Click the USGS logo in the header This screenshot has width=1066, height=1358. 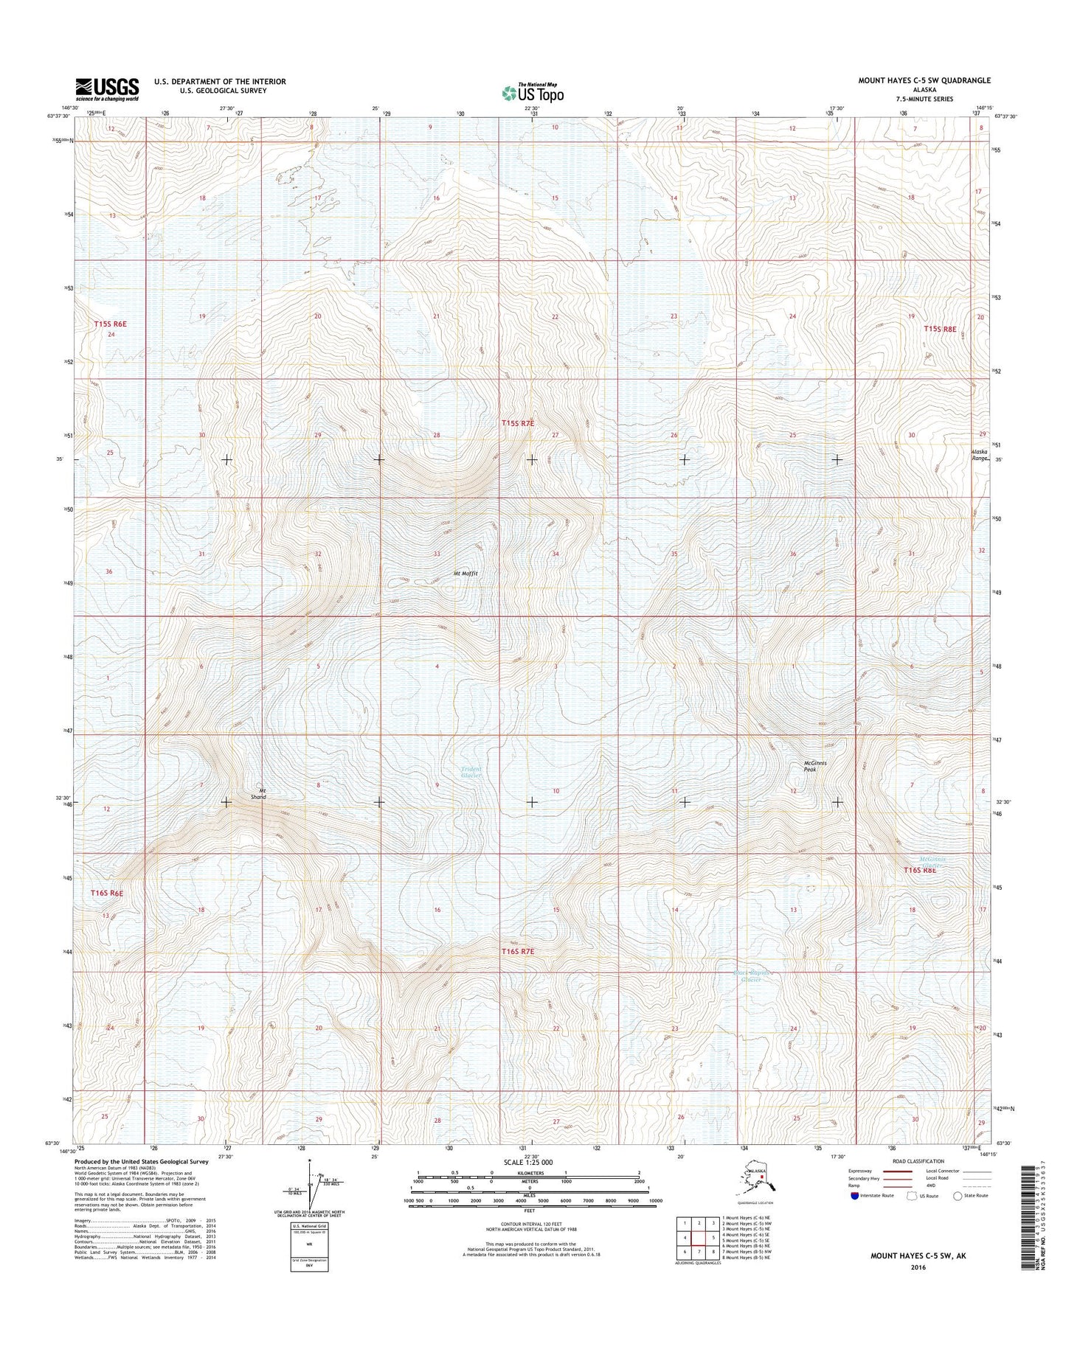(106, 88)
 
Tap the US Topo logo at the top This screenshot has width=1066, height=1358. (533, 92)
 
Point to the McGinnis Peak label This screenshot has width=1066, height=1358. (814, 766)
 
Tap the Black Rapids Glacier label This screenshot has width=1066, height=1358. (752, 976)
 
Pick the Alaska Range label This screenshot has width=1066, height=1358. (980, 454)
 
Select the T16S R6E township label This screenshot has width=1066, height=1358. (107, 893)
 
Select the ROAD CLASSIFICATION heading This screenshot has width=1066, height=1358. (918, 1161)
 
